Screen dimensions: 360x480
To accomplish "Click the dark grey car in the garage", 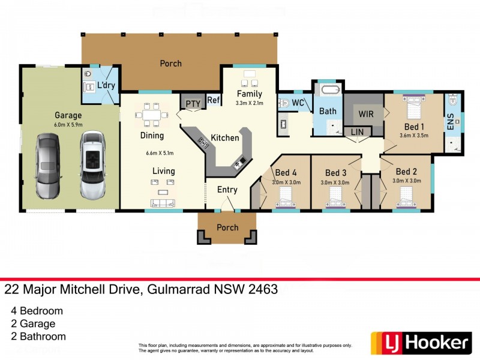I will tap(48, 166).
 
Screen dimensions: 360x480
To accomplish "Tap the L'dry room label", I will tap(106, 86).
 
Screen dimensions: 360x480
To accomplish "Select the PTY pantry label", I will tap(193, 104).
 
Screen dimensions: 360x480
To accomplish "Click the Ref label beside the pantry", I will tap(214, 101).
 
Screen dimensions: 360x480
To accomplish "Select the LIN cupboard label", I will tap(357, 131).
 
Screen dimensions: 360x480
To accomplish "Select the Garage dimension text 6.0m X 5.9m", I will tap(68, 125).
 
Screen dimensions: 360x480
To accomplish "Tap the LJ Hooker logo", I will tap(420, 343).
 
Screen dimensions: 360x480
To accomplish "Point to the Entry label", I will tap(227, 190).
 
